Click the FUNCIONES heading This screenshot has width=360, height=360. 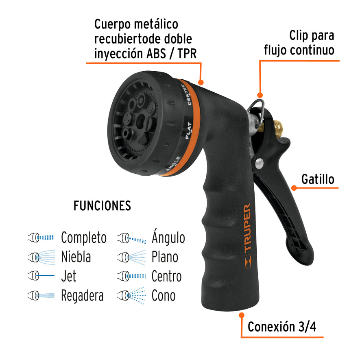coord(102,206)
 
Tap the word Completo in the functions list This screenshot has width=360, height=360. coord(84,238)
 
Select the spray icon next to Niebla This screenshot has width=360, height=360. coord(41,257)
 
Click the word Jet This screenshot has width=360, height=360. coord(68,276)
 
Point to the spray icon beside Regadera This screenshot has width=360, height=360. coord(41,296)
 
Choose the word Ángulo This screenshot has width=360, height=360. coord(168,238)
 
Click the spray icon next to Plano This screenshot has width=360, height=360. coord(131,257)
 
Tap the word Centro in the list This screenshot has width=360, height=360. coord(166,276)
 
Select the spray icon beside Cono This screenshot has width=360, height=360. coord(131,296)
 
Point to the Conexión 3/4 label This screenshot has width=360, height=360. coord(282,326)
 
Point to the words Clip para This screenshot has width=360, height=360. coord(312,35)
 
